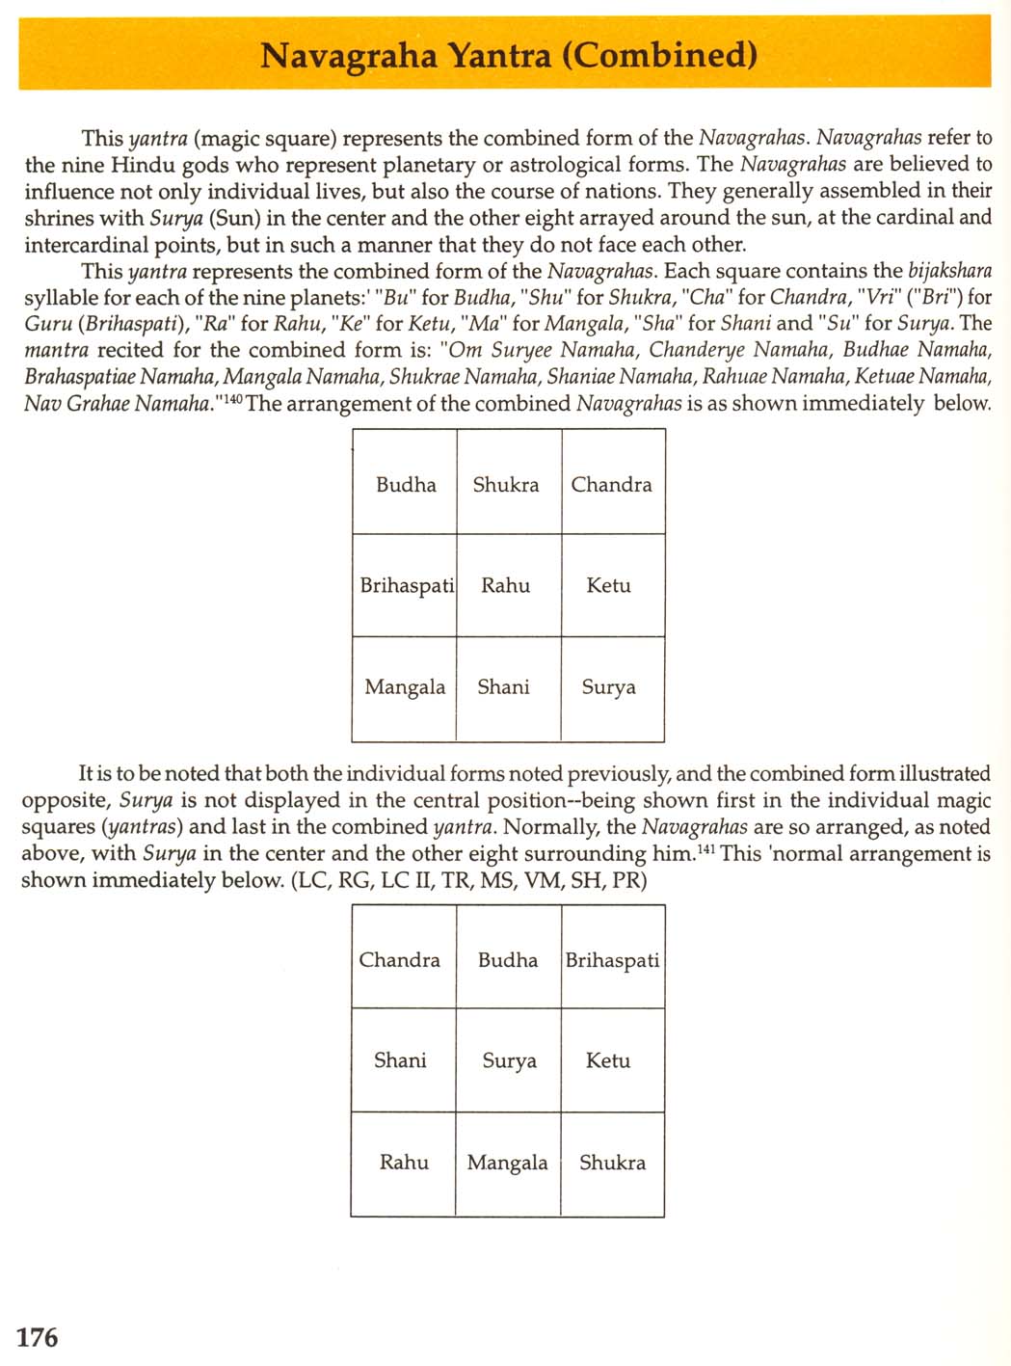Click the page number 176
[x=38, y=1337]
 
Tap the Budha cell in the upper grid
[x=405, y=484]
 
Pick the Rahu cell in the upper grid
[x=506, y=585]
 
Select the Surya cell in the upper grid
[x=608, y=687]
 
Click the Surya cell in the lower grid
[x=509, y=1060]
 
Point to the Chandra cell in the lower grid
[x=400, y=959]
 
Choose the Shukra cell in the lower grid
[x=612, y=1163]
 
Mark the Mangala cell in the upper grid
[x=405, y=687]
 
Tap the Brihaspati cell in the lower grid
[x=612, y=960]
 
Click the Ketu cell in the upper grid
[x=608, y=585]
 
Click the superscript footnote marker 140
[x=234, y=398]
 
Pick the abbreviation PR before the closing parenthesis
[x=626, y=880]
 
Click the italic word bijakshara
[x=949, y=271]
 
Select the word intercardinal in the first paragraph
[x=87, y=245]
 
